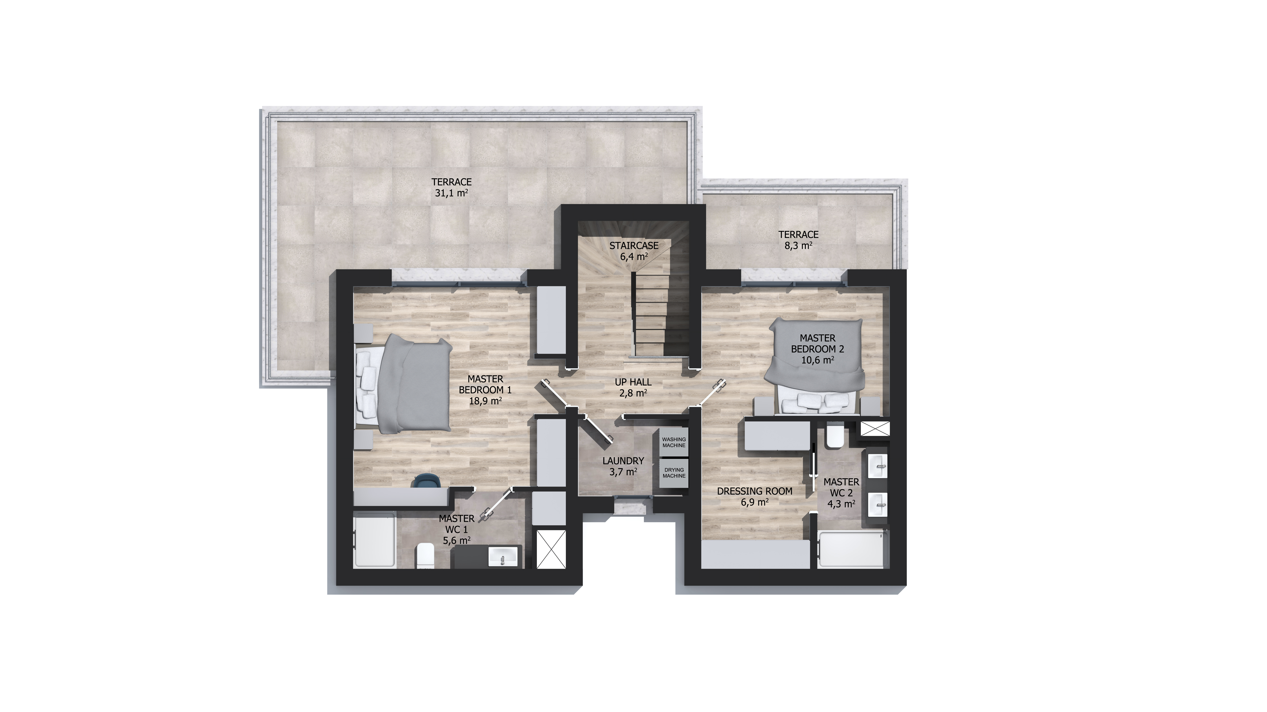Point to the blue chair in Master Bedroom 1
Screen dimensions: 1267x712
(x=428, y=481)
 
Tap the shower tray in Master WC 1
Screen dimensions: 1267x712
(x=374, y=540)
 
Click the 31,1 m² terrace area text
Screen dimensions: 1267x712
(x=451, y=193)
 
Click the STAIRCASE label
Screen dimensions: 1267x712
(x=633, y=245)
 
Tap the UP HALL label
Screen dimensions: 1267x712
(x=633, y=382)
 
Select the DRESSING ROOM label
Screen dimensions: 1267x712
(x=754, y=491)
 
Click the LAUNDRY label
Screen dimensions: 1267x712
(x=623, y=461)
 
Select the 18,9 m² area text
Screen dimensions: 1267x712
(x=486, y=400)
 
